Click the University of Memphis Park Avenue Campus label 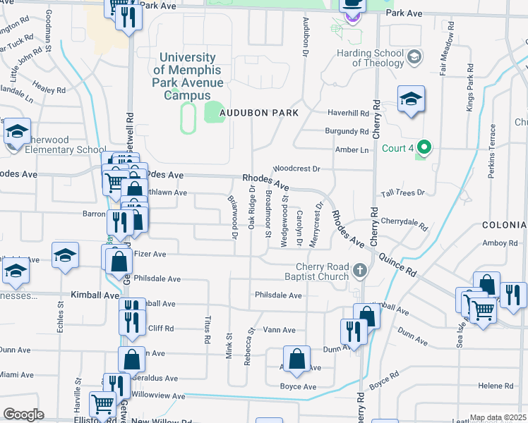click(188, 76)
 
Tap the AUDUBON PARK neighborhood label click(258, 113)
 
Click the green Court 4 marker click(424, 148)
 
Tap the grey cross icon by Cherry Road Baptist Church click(360, 271)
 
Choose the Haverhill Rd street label click(348, 113)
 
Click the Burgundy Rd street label click(347, 131)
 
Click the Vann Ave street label click(279, 330)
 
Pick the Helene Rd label click(496, 386)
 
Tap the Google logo click(23, 415)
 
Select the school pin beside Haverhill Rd click(410, 100)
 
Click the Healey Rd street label click(49, 90)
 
